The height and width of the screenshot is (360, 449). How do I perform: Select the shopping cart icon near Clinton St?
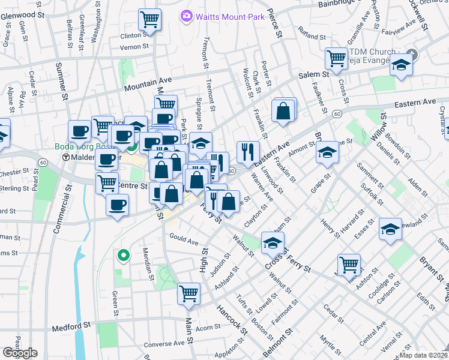point(149,19)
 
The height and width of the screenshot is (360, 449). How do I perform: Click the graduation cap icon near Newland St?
point(390,229)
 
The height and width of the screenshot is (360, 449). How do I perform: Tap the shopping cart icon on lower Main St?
point(188,293)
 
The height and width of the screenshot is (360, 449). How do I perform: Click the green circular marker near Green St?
point(124,256)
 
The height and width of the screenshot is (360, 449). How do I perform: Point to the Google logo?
point(20,353)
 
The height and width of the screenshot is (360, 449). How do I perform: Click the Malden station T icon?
point(66,157)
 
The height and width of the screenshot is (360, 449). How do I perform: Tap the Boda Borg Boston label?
point(84,146)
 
